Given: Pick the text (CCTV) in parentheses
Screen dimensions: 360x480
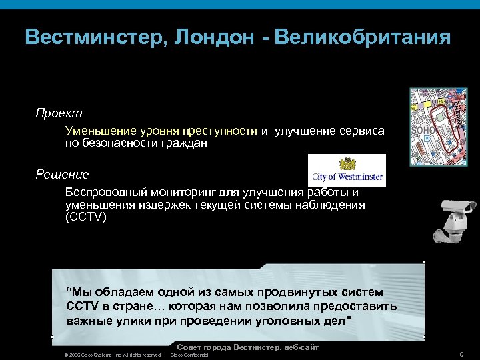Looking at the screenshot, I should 85,217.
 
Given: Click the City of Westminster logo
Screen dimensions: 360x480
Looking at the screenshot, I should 347,171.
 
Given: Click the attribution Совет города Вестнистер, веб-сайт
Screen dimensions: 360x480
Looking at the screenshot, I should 247,347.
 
